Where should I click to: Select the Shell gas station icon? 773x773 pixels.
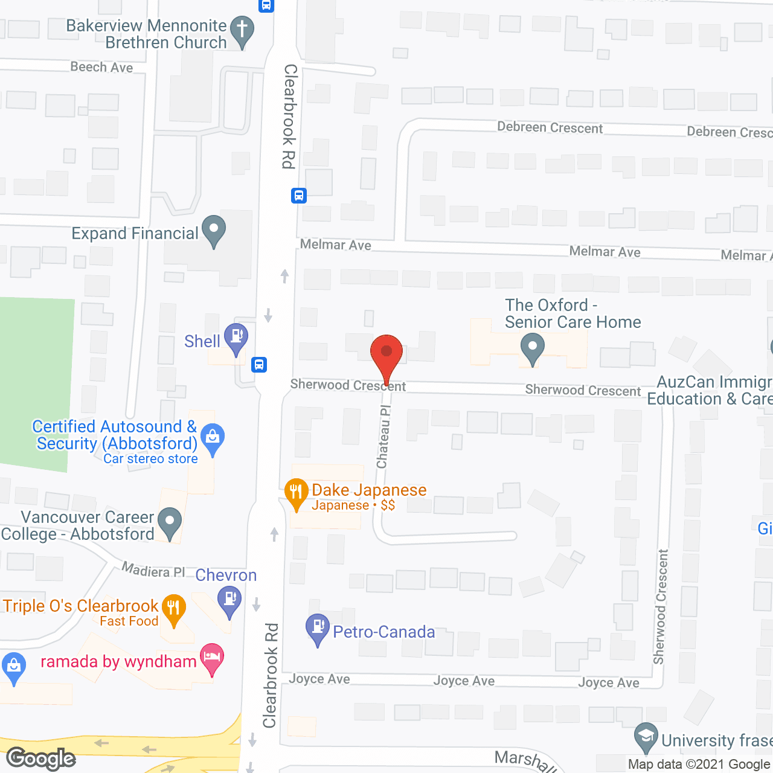click(x=236, y=336)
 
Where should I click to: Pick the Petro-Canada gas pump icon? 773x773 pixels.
click(x=318, y=627)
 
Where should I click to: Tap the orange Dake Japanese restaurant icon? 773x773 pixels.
click(x=296, y=492)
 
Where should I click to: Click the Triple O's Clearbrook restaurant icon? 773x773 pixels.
click(x=174, y=608)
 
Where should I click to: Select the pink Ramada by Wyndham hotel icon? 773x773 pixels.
click(x=211, y=657)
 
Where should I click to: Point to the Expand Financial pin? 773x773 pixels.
click(x=213, y=229)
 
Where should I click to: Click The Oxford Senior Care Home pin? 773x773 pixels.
click(x=532, y=348)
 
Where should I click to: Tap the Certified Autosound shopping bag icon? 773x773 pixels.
click(x=213, y=437)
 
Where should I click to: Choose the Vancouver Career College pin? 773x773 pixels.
click(x=169, y=521)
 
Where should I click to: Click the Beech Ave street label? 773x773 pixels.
click(x=101, y=67)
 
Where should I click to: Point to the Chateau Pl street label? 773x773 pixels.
click(x=384, y=436)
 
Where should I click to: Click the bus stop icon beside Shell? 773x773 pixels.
click(x=259, y=365)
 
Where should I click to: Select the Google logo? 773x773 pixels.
click(x=41, y=759)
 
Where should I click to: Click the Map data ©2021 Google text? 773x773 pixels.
click(x=699, y=765)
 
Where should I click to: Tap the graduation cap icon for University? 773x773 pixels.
click(x=646, y=737)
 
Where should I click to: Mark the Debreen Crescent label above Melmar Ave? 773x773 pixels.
click(x=550, y=127)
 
